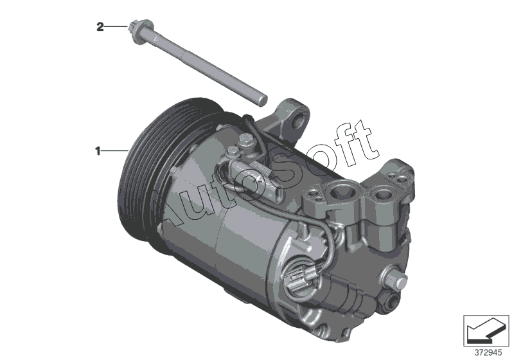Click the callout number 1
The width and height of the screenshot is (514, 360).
(x=98, y=151)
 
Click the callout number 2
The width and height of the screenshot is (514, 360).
(x=100, y=26)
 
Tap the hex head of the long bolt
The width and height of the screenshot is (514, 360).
(x=141, y=29)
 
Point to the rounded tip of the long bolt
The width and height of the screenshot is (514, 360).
(x=262, y=100)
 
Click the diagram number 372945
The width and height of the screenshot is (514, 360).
(x=488, y=353)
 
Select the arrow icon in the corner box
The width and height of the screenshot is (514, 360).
(x=486, y=330)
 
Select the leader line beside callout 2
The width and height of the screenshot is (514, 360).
(x=116, y=26)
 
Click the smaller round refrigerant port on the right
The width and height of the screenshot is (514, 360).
(x=382, y=195)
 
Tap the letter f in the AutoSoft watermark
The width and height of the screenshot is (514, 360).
(x=331, y=144)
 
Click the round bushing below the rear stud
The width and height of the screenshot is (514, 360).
(x=390, y=301)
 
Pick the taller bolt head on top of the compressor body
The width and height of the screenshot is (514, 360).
(x=247, y=140)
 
